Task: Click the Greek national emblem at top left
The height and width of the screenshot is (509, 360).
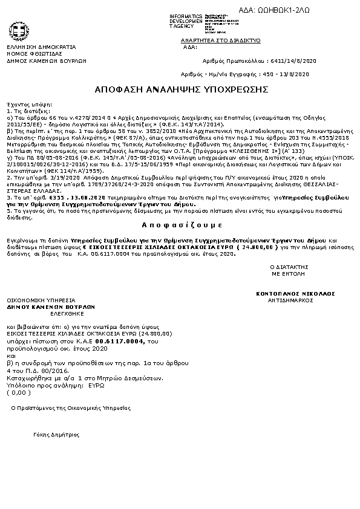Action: pyautogui.click(x=16, y=31)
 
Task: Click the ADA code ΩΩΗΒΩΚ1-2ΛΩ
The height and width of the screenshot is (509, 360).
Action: pyautogui.click(x=309, y=10)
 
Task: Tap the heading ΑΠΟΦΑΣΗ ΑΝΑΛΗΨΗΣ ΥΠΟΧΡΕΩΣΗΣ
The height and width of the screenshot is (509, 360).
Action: pyautogui.click(x=181, y=89)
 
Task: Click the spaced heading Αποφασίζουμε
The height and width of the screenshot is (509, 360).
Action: pyautogui.click(x=180, y=223)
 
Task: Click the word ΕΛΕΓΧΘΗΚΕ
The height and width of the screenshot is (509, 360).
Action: pyautogui.click(x=60, y=314)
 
